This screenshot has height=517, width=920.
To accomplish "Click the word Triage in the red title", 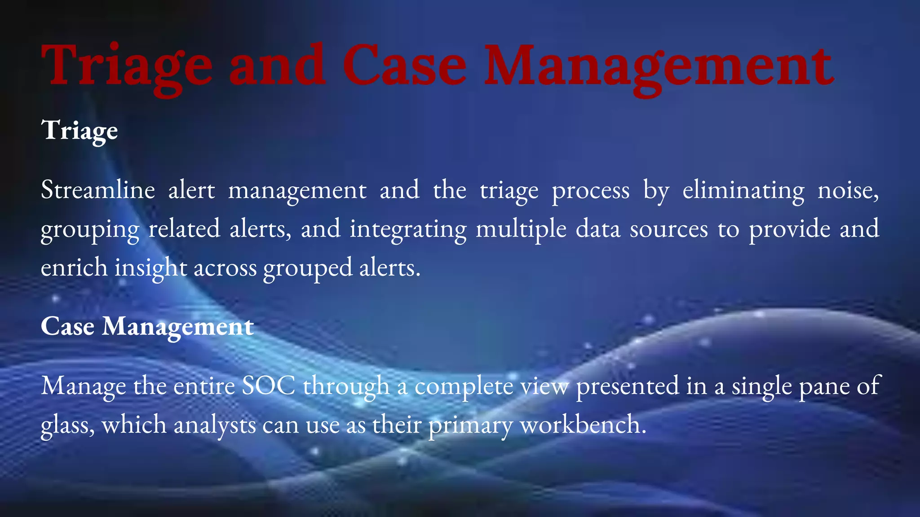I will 126,66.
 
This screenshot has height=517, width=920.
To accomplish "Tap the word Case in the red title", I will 404,66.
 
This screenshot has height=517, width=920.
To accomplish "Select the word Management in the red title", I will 659,66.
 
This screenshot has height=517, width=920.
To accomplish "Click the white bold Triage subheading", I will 80,131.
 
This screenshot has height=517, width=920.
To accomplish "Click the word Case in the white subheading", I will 67,326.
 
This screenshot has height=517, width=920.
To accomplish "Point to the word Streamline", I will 97,190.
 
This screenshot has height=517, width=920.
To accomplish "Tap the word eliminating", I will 743,190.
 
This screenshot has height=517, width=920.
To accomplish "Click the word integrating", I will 408,229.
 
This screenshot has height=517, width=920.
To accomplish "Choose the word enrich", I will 74,268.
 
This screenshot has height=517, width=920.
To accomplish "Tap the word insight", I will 150,268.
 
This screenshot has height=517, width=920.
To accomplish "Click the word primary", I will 470,425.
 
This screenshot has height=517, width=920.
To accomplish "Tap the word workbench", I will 582,425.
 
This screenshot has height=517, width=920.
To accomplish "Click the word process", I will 590,190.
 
